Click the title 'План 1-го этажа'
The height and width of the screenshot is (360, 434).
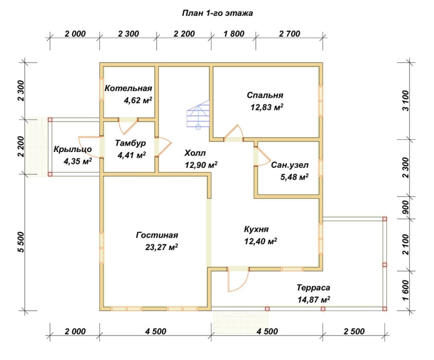click(217, 14)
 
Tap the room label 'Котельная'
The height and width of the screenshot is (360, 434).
click(128, 88)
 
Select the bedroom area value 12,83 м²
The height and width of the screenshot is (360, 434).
click(267, 107)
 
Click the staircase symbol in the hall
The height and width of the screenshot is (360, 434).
click(198, 113)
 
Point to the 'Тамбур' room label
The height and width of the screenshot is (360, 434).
click(130, 143)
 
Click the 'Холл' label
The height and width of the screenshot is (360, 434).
click(195, 153)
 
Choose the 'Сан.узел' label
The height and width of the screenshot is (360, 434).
click(289, 165)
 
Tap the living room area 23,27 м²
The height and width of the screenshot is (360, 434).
click(162, 247)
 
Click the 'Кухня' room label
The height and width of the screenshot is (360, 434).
click(257, 229)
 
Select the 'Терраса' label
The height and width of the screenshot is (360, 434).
click(313, 288)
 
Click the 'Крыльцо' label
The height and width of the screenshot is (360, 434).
click(72, 149)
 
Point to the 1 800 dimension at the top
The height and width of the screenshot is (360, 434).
click(234, 34)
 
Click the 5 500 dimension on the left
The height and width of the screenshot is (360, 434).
click(21, 242)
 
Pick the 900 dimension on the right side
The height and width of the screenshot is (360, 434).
click(405, 207)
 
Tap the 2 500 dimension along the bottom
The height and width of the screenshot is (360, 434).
click(354, 331)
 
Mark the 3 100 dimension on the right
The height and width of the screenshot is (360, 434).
click(405, 100)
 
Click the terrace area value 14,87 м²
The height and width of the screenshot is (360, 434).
click(314, 300)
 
